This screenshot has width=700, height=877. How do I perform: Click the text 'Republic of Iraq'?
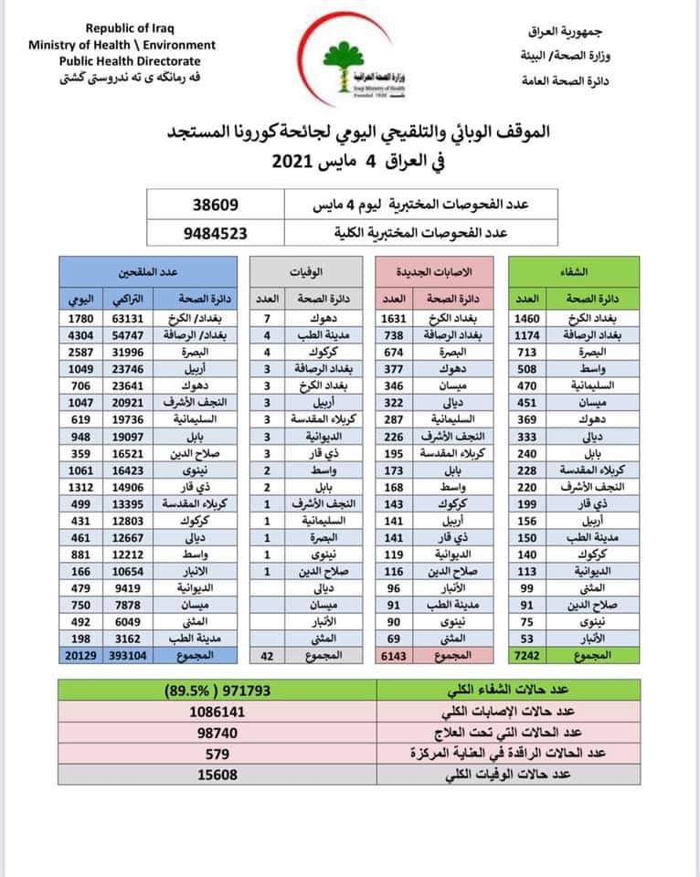(x=123, y=30)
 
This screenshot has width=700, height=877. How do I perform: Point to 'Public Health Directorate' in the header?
(x=122, y=59)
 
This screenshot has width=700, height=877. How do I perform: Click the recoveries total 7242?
(x=529, y=657)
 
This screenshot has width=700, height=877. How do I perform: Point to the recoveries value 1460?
(x=529, y=319)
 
